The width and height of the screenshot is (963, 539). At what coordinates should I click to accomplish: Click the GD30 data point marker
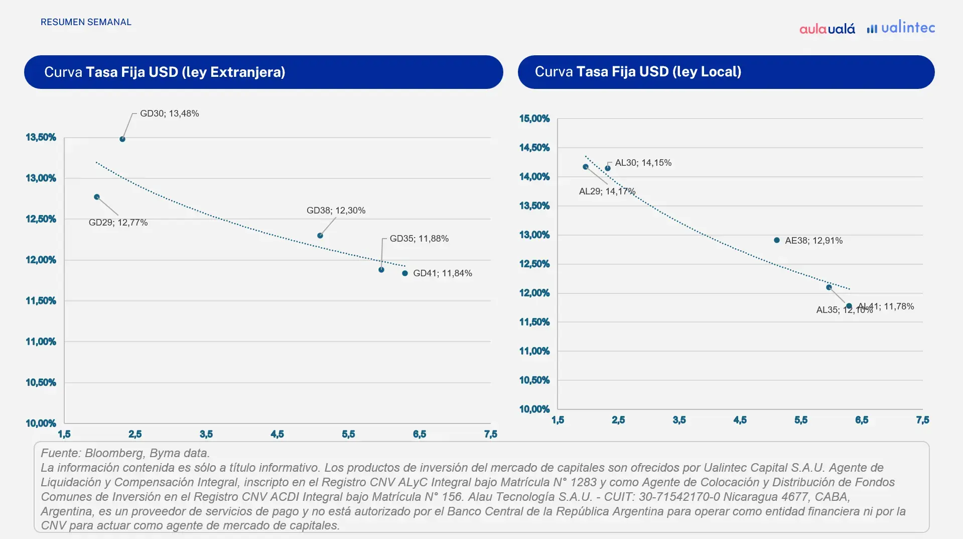(x=122, y=139)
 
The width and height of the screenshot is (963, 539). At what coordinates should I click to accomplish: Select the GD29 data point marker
(x=97, y=197)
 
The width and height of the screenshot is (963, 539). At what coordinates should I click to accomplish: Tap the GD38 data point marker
(x=320, y=236)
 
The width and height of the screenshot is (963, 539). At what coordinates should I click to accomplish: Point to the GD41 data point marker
(x=405, y=273)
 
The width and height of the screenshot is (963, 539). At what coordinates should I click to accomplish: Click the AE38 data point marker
(x=777, y=240)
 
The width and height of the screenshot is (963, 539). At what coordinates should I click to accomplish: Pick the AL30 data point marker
(x=608, y=168)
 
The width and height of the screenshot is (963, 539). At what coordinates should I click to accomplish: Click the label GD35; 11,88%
(x=419, y=239)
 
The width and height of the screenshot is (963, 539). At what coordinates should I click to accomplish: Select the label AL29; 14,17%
(x=607, y=191)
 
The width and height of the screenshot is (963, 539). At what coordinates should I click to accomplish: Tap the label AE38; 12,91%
(x=813, y=241)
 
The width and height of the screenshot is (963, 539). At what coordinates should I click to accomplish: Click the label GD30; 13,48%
(x=169, y=114)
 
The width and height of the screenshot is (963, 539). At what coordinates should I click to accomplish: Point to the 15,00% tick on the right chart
(x=534, y=119)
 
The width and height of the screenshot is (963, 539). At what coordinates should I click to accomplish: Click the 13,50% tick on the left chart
(x=41, y=137)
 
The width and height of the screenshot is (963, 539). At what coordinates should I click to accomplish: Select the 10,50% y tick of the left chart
(x=41, y=382)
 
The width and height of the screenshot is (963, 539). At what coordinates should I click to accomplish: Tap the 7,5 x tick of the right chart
(x=922, y=420)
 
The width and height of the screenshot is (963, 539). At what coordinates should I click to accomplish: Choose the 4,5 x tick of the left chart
(x=277, y=434)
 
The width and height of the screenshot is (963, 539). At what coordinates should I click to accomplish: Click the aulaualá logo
(x=827, y=29)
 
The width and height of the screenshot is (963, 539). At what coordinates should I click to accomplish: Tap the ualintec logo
(x=901, y=28)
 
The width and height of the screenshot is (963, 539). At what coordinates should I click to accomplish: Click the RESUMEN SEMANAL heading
(x=86, y=22)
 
